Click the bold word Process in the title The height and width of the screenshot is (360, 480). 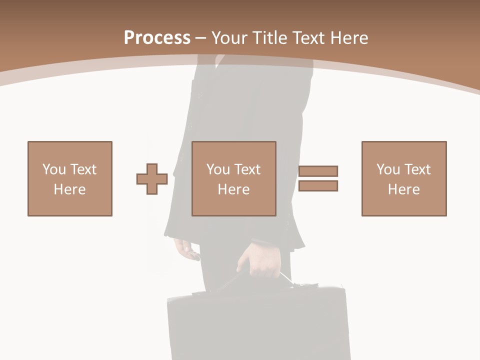pos(157,38)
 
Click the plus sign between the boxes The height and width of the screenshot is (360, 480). pos(152,179)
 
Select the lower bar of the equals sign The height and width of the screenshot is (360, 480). pos(318,186)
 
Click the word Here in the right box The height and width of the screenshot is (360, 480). pos(404,189)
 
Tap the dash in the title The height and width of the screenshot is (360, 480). pos(200,38)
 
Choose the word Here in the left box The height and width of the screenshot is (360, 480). pos(70,189)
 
